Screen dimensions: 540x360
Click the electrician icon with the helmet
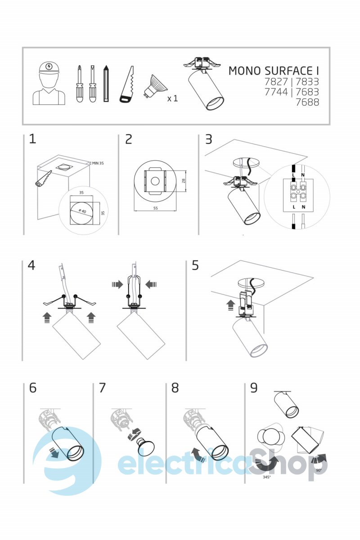[x=49, y=84]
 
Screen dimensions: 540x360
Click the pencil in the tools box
[x=106, y=83]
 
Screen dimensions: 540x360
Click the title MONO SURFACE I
[x=274, y=71]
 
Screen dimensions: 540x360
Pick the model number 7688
[x=307, y=102]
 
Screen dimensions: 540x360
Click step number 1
[x=32, y=139]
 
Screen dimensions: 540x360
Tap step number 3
[x=208, y=139]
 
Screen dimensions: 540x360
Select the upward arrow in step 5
[x=231, y=306]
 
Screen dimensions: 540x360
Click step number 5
[x=195, y=265]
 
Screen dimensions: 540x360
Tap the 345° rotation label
[x=267, y=477]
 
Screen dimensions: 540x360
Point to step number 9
[x=254, y=388]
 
